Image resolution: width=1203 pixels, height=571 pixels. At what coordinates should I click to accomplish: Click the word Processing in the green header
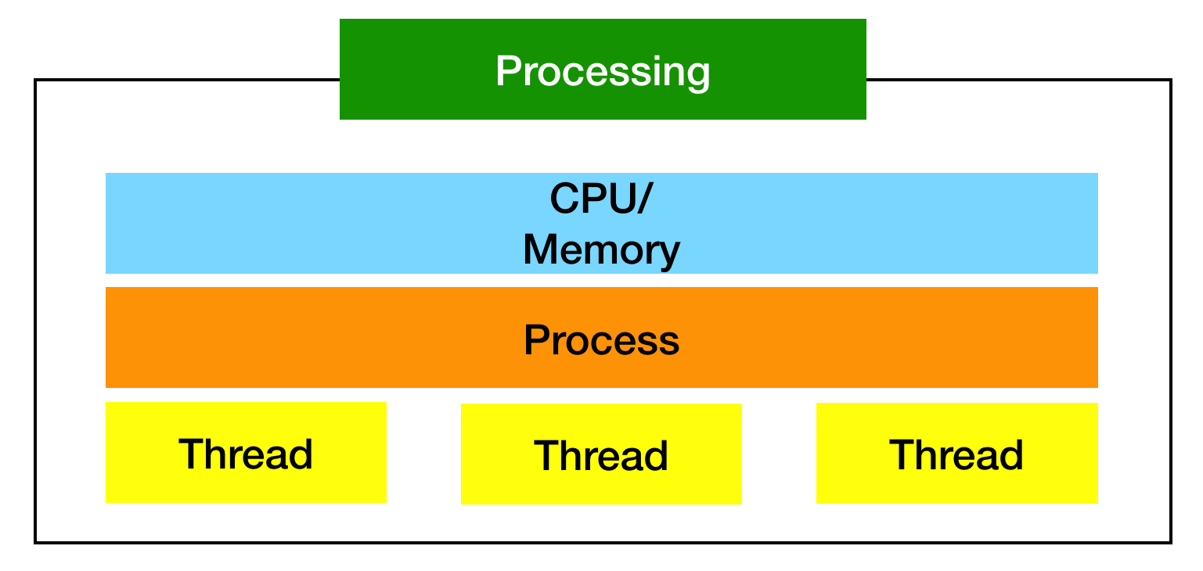[x=603, y=71]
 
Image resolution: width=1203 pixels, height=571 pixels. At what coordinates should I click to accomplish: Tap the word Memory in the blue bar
[x=601, y=250]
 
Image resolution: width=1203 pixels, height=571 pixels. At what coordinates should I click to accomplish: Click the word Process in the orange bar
[x=601, y=340]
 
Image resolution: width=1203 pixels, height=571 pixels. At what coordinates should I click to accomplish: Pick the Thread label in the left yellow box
[x=246, y=454]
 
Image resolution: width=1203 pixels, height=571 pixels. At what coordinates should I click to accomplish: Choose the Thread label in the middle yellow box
[x=601, y=455]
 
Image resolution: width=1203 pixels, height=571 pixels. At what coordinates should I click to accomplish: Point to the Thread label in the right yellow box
[x=956, y=454]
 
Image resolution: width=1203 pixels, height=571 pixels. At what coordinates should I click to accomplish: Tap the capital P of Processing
[x=509, y=71]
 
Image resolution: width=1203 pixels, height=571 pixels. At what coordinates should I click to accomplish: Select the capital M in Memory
[x=543, y=250]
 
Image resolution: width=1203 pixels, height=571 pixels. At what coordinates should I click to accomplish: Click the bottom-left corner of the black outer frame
[x=35, y=542]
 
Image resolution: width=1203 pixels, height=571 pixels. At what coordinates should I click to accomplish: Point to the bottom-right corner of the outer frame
[x=1171, y=542]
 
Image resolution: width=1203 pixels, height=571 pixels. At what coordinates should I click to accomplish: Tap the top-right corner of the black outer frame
[x=1171, y=80]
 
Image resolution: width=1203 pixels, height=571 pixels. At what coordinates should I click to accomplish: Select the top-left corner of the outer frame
[x=35, y=80]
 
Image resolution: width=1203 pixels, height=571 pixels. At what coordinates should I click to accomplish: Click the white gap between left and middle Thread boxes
[x=423, y=454]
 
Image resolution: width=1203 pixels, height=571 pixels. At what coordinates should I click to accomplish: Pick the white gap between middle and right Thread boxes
[x=779, y=454]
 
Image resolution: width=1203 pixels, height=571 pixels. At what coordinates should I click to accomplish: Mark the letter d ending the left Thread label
[x=301, y=454]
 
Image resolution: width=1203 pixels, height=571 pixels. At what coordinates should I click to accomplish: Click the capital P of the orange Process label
[x=536, y=340]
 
